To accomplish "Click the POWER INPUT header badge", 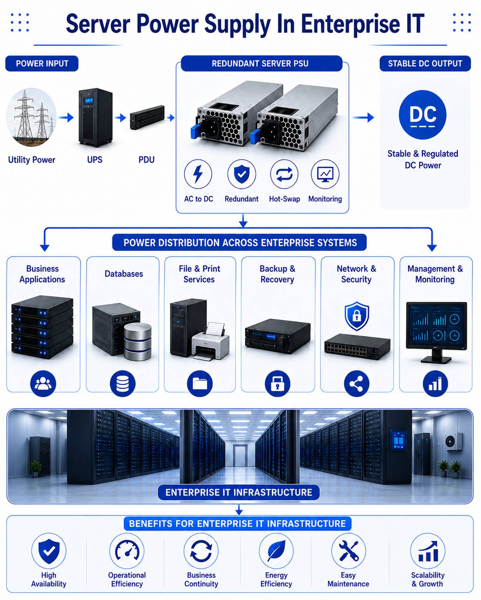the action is [42, 64].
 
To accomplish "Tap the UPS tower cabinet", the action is [96, 117].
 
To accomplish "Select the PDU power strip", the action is [147, 117].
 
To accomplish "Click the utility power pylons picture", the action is [31, 117].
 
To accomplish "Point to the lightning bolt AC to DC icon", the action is [198, 174].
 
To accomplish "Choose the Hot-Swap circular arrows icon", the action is [284, 174].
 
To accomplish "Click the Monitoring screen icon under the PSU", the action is [325, 174].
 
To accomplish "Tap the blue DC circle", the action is [423, 115].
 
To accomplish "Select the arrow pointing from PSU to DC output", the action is [363, 117].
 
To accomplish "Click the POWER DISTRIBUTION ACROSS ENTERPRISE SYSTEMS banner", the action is [239, 242].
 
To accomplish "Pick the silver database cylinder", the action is [138, 342].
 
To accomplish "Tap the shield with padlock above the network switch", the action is [357, 316].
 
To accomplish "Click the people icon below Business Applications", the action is [43, 383].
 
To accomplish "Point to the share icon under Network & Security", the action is [357, 383].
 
